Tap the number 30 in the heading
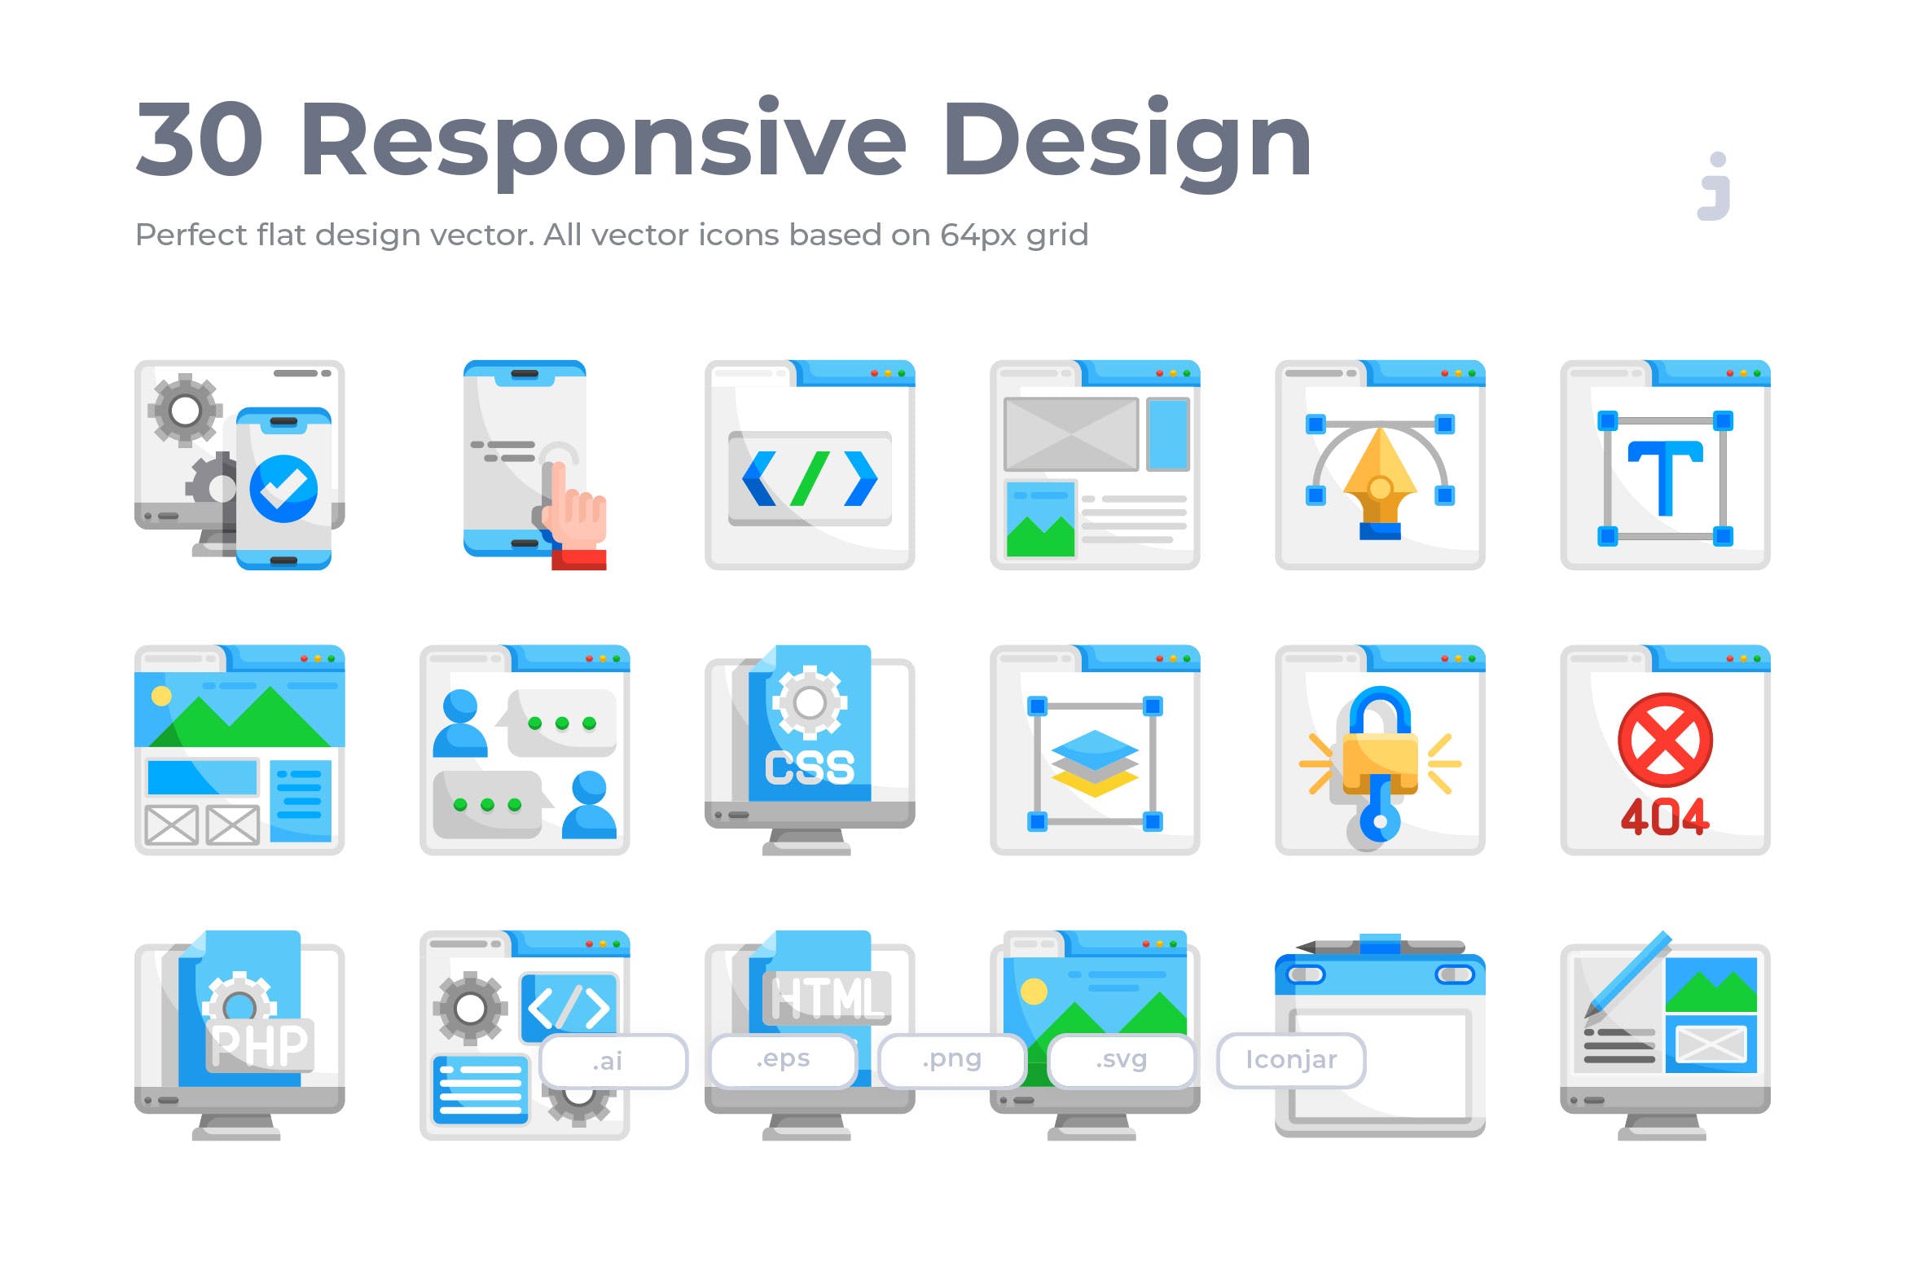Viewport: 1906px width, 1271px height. point(200,140)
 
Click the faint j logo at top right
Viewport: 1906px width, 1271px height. point(1714,187)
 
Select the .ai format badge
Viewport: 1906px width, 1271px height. point(613,1061)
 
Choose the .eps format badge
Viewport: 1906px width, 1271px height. point(783,1059)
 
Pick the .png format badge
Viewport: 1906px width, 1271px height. point(951,1059)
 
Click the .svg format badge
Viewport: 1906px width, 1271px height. point(1121,1059)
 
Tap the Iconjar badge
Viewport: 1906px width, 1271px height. point(1291,1059)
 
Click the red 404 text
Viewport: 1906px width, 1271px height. point(1664,816)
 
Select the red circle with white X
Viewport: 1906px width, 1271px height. point(1664,740)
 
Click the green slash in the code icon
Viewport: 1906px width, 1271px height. point(810,478)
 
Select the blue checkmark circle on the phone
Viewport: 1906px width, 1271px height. point(283,488)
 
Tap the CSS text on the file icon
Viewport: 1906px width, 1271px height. point(810,767)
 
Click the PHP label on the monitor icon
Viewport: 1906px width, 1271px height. point(259,1045)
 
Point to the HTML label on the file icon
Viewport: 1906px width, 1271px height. point(826,997)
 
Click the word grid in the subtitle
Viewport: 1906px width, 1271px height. point(1056,235)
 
